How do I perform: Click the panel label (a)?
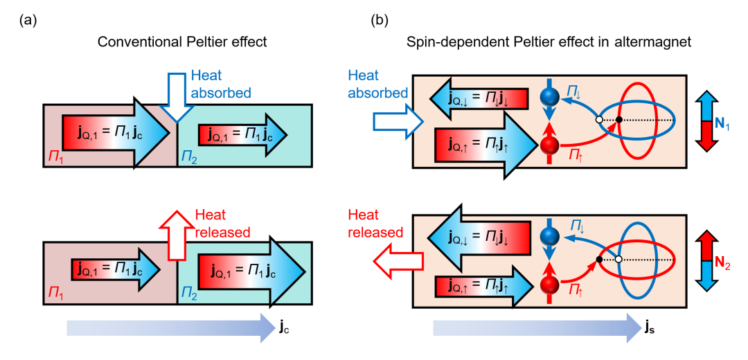click(27, 20)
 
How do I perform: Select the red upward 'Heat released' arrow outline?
click(176, 225)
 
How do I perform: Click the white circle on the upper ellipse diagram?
click(599, 120)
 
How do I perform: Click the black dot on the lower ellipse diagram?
click(599, 260)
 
